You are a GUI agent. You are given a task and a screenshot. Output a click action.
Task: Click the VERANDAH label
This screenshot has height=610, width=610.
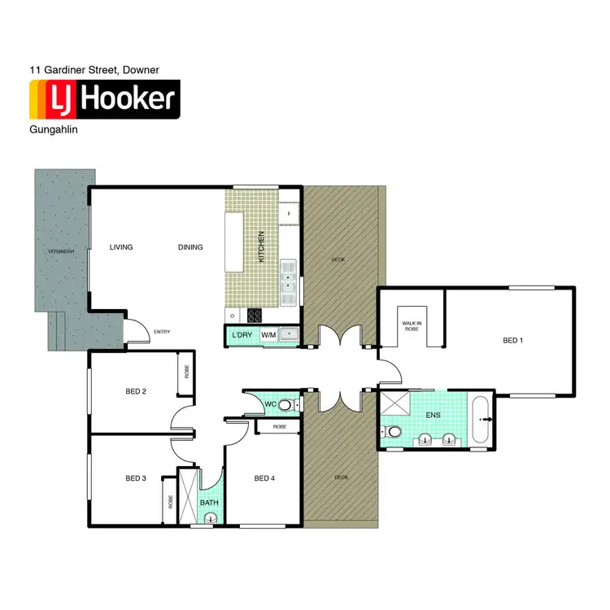[61, 251]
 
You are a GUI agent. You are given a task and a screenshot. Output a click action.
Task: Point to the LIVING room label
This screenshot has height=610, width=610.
[121, 247]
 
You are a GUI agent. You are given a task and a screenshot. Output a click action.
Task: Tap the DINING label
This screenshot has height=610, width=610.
[190, 247]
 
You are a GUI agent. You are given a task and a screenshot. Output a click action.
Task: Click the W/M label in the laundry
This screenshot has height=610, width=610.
[268, 335]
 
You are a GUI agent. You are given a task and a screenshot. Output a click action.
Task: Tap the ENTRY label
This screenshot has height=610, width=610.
[162, 331]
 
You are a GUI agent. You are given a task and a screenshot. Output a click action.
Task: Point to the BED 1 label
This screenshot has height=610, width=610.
[512, 340]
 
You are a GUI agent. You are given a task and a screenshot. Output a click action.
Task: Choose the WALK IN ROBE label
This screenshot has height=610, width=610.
[411, 326]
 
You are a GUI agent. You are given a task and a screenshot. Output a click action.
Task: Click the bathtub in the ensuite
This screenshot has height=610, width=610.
[481, 420]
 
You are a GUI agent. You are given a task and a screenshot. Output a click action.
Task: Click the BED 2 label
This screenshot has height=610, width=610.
[136, 391]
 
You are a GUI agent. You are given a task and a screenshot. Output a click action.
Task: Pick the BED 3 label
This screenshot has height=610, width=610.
[136, 477]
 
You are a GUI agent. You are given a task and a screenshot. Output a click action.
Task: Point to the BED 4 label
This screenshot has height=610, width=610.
[264, 477]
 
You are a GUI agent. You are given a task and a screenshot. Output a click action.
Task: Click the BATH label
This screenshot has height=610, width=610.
[210, 503]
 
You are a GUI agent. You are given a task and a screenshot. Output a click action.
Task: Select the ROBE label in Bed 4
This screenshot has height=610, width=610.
[280, 427]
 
